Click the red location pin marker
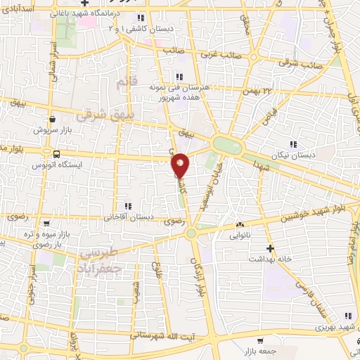click(181, 165)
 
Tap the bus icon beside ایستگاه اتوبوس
click(56, 153)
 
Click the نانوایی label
click(239, 236)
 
